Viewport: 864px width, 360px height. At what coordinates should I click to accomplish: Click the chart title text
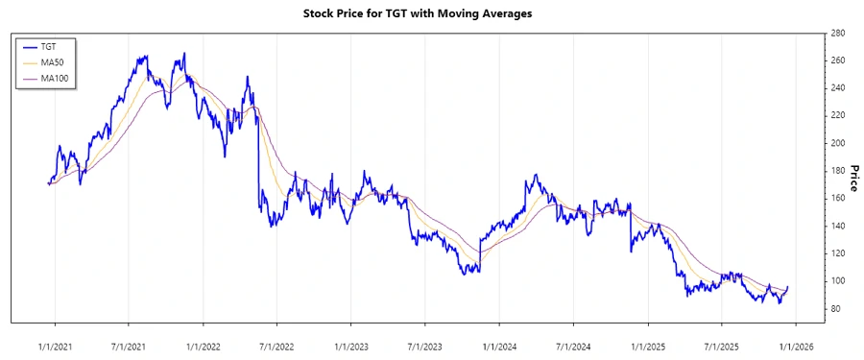(x=431, y=13)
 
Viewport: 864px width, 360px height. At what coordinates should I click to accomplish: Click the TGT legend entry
(x=49, y=46)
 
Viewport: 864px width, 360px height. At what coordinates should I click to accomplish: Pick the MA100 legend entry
(x=54, y=78)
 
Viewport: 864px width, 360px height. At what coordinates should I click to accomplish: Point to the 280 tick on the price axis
(x=837, y=34)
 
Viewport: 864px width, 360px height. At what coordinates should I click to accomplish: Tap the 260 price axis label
(x=837, y=60)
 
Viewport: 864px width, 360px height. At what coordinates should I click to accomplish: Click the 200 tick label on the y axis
(x=837, y=143)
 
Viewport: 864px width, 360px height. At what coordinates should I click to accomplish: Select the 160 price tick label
(x=837, y=199)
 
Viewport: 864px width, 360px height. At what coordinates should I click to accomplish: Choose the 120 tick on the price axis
(x=837, y=253)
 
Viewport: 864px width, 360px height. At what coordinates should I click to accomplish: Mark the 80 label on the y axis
(x=835, y=309)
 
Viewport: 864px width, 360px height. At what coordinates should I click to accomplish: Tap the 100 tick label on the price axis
(x=837, y=281)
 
